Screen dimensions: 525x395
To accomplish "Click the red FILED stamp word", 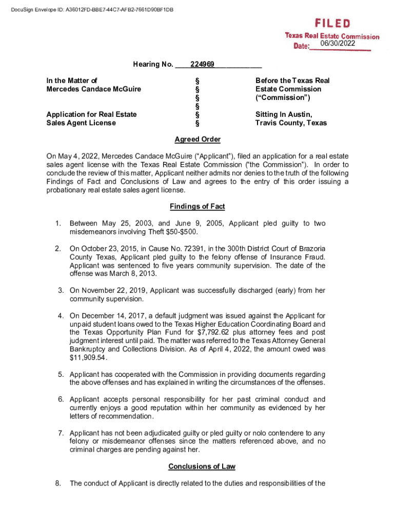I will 333,24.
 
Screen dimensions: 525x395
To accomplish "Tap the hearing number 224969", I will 202,65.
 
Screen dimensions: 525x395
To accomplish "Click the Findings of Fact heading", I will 197,207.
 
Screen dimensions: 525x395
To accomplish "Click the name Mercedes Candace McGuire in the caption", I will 93,89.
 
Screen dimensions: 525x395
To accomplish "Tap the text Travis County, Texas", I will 291,123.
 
